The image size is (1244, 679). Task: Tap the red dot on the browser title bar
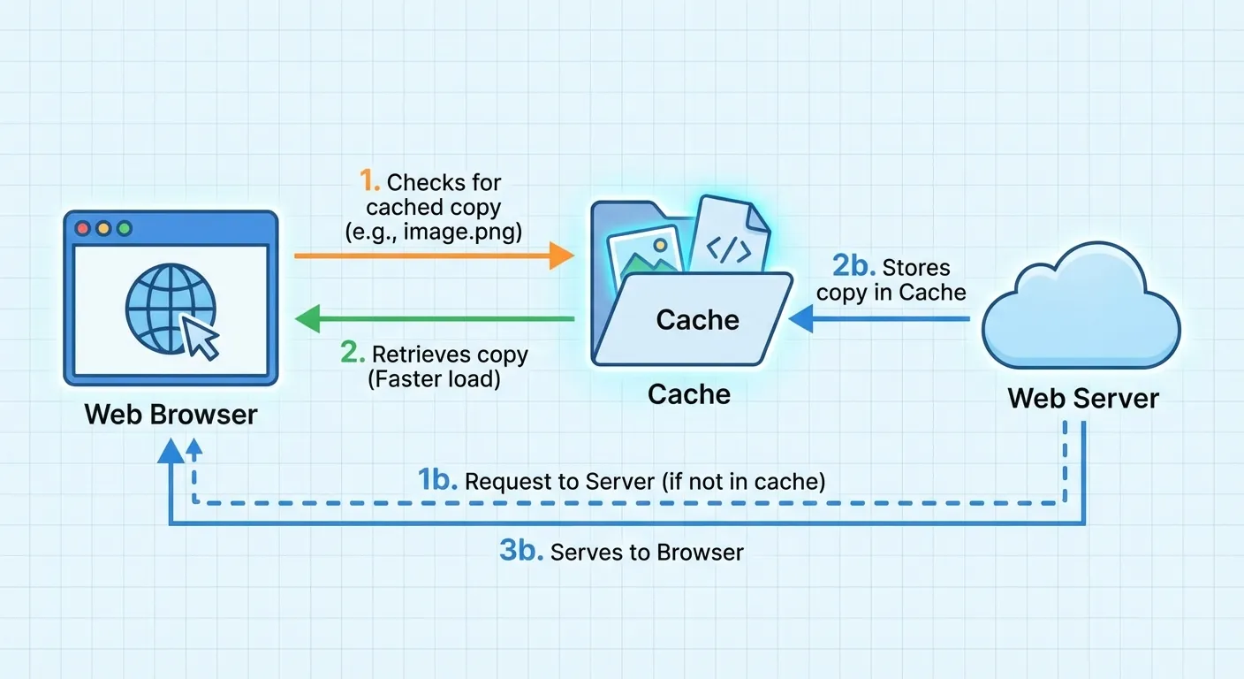(x=84, y=228)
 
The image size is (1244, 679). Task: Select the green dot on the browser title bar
(x=124, y=228)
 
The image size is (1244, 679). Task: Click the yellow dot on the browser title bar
(x=103, y=228)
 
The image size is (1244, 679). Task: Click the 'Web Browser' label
(x=171, y=414)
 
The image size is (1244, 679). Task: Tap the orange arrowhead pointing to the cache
(x=561, y=256)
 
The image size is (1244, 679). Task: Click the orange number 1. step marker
(x=370, y=182)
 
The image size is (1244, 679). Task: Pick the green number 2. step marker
(x=353, y=354)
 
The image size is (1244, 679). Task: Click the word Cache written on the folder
(x=697, y=319)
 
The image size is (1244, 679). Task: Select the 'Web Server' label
(x=1083, y=398)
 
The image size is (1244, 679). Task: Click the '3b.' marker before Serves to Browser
(x=520, y=552)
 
